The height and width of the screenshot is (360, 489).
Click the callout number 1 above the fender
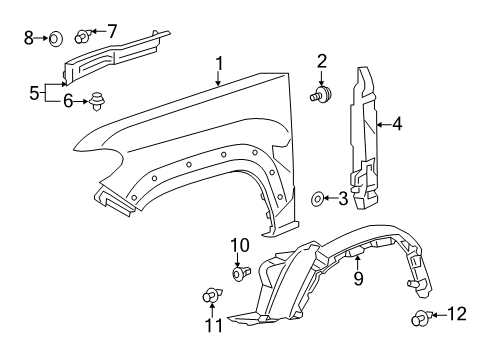coord(219,65)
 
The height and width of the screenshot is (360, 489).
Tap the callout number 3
coord(343,199)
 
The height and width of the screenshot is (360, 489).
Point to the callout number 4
coord(397,125)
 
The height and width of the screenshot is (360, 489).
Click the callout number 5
coord(34,93)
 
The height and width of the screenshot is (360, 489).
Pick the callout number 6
coord(68,100)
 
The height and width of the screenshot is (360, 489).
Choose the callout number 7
coord(111,31)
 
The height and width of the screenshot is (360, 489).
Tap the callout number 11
coord(211,325)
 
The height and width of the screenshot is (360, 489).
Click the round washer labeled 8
coord(57,39)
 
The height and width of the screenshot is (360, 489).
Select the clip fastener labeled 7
coord(83,37)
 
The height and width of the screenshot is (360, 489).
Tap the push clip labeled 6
coord(97,100)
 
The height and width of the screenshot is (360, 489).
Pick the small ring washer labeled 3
coord(318,199)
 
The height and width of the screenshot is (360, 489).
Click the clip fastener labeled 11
coord(210,295)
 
